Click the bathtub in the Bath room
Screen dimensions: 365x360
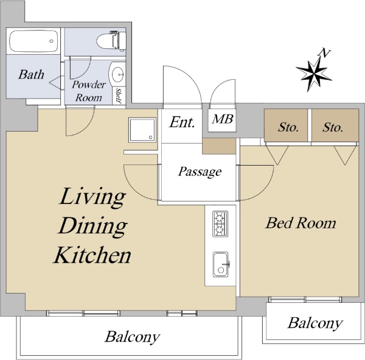click(x=33, y=41)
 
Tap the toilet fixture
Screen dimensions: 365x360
click(x=111, y=41)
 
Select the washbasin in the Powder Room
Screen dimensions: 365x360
click(x=117, y=74)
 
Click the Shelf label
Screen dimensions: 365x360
click(x=119, y=96)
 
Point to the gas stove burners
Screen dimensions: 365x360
click(x=220, y=224)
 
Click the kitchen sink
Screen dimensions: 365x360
click(x=221, y=264)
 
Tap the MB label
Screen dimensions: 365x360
click(x=222, y=119)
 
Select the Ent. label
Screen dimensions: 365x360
click(x=182, y=122)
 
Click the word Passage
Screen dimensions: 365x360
click(x=200, y=172)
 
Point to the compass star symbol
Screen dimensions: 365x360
click(x=313, y=74)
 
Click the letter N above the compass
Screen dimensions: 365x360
click(x=324, y=54)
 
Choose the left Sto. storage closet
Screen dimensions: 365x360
click(x=286, y=125)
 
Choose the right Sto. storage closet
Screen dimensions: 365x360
click(x=335, y=125)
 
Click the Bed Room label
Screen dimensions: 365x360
click(x=301, y=223)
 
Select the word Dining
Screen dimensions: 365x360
click(x=92, y=227)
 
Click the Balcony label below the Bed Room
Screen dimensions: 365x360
click(x=315, y=323)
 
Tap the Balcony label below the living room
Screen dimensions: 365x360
click(x=132, y=337)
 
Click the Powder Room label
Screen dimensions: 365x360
click(x=88, y=91)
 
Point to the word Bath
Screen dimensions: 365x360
click(x=31, y=74)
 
